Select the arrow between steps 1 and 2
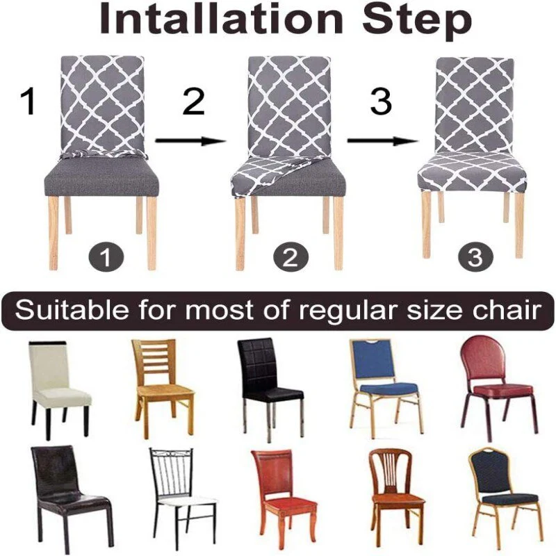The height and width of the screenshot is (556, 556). click(x=190, y=141)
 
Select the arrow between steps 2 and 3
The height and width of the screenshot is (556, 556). click(x=382, y=141)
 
